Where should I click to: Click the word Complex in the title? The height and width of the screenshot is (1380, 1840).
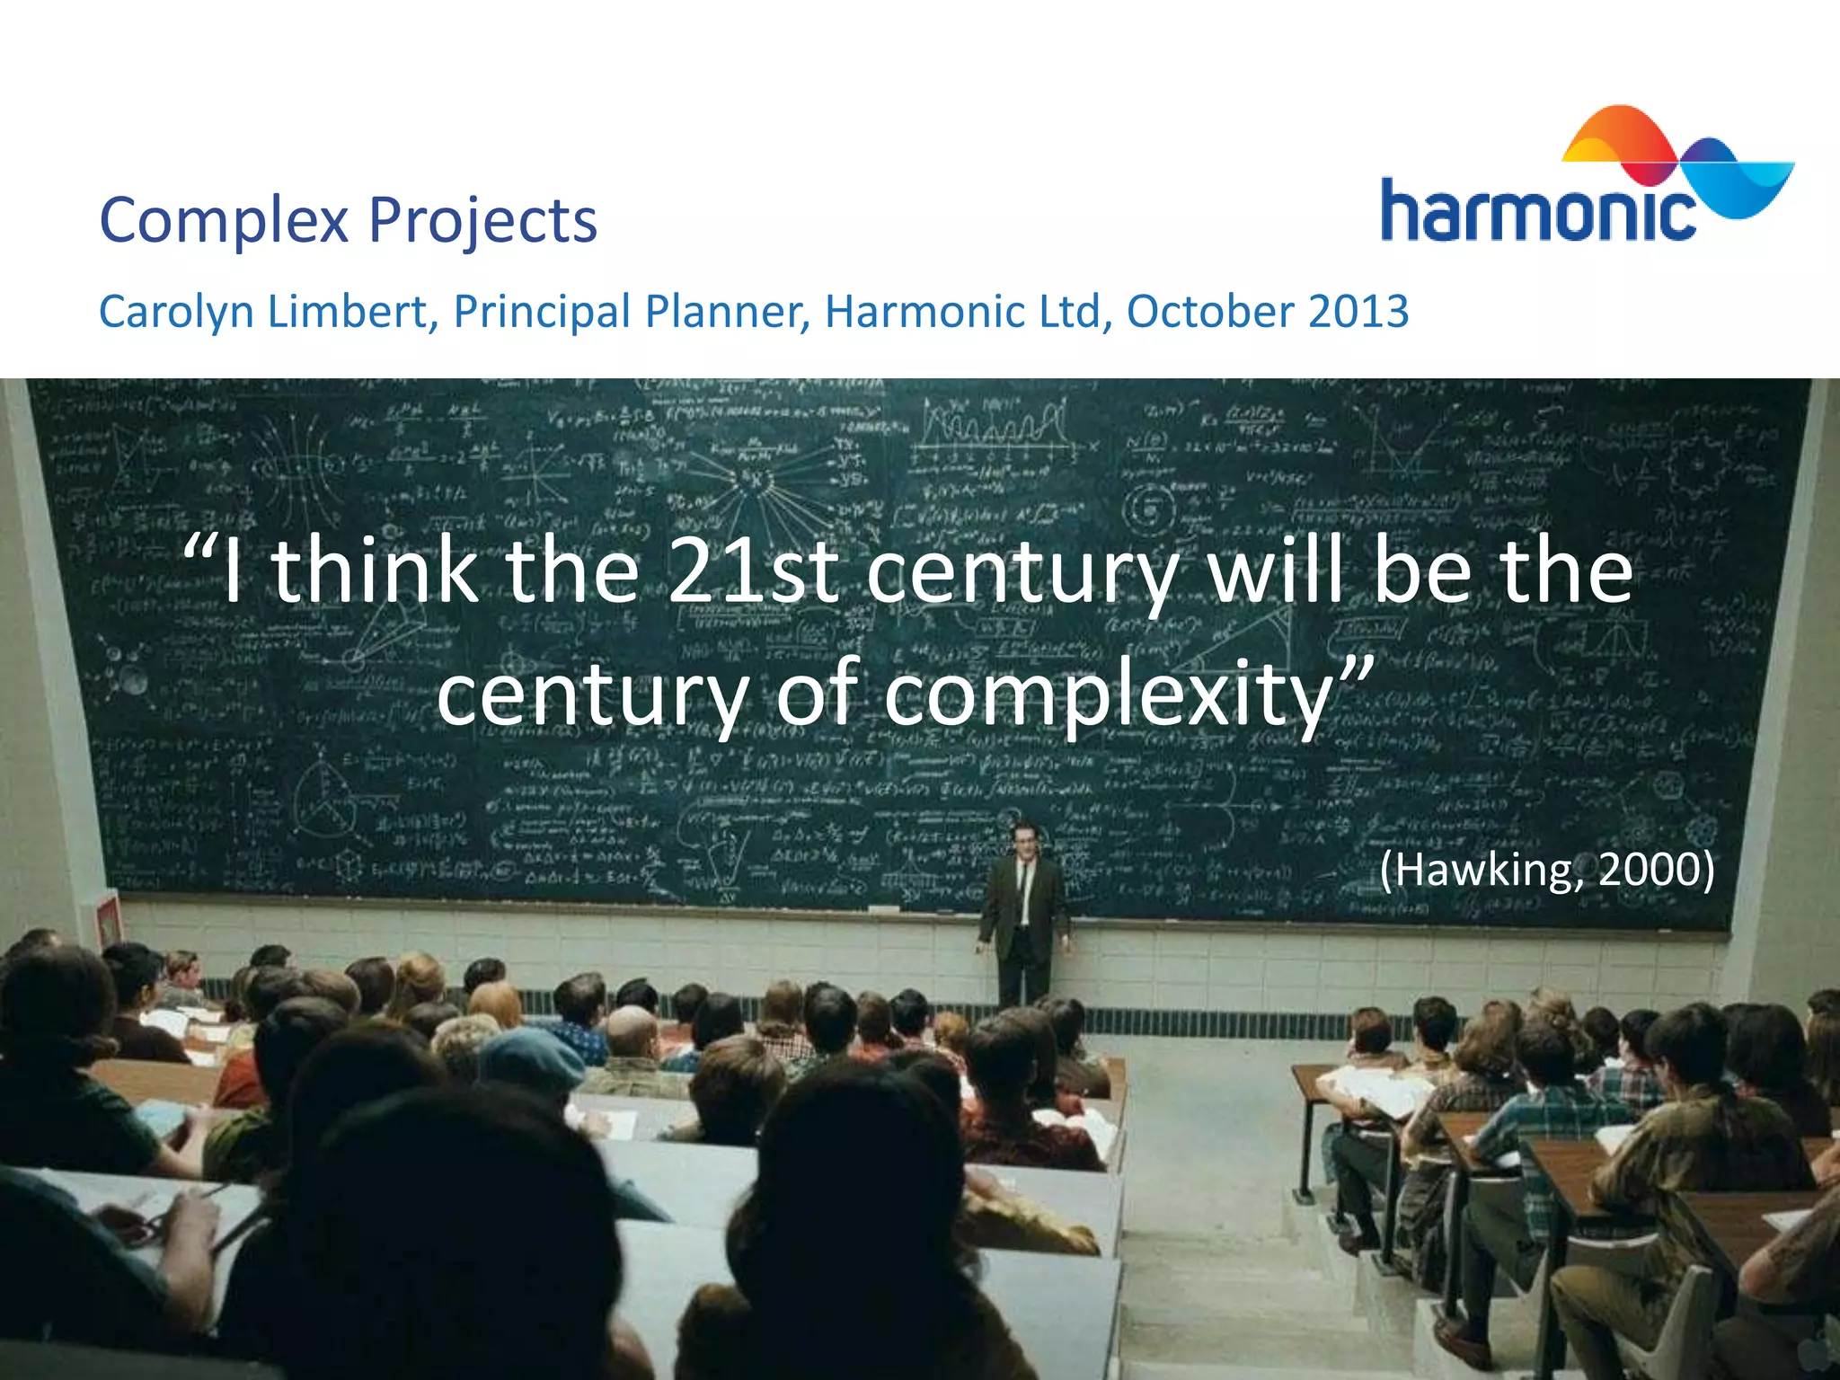tap(223, 221)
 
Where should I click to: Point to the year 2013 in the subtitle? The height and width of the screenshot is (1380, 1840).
tap(1358, 311)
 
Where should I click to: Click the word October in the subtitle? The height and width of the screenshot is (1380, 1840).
tap(1209, 311)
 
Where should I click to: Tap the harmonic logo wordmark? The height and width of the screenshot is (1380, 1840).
tap(1536, 212)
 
